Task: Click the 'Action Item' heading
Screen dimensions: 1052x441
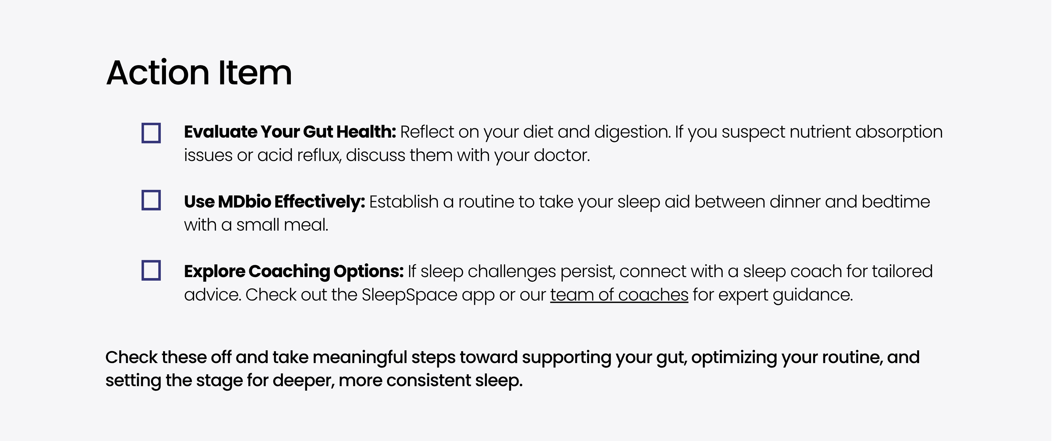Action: pyautogui.click(x=199, y=73)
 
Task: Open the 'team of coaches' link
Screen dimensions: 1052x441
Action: pyautogui.click(x=619, y=295)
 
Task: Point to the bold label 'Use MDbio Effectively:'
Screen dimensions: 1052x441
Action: pyautogui.click(x=275, y=201)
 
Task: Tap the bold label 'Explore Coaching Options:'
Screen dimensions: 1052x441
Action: pyautogui.click(x=294, y=271)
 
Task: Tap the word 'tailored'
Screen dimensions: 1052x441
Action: pyautogui.click(x=902, y=271)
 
